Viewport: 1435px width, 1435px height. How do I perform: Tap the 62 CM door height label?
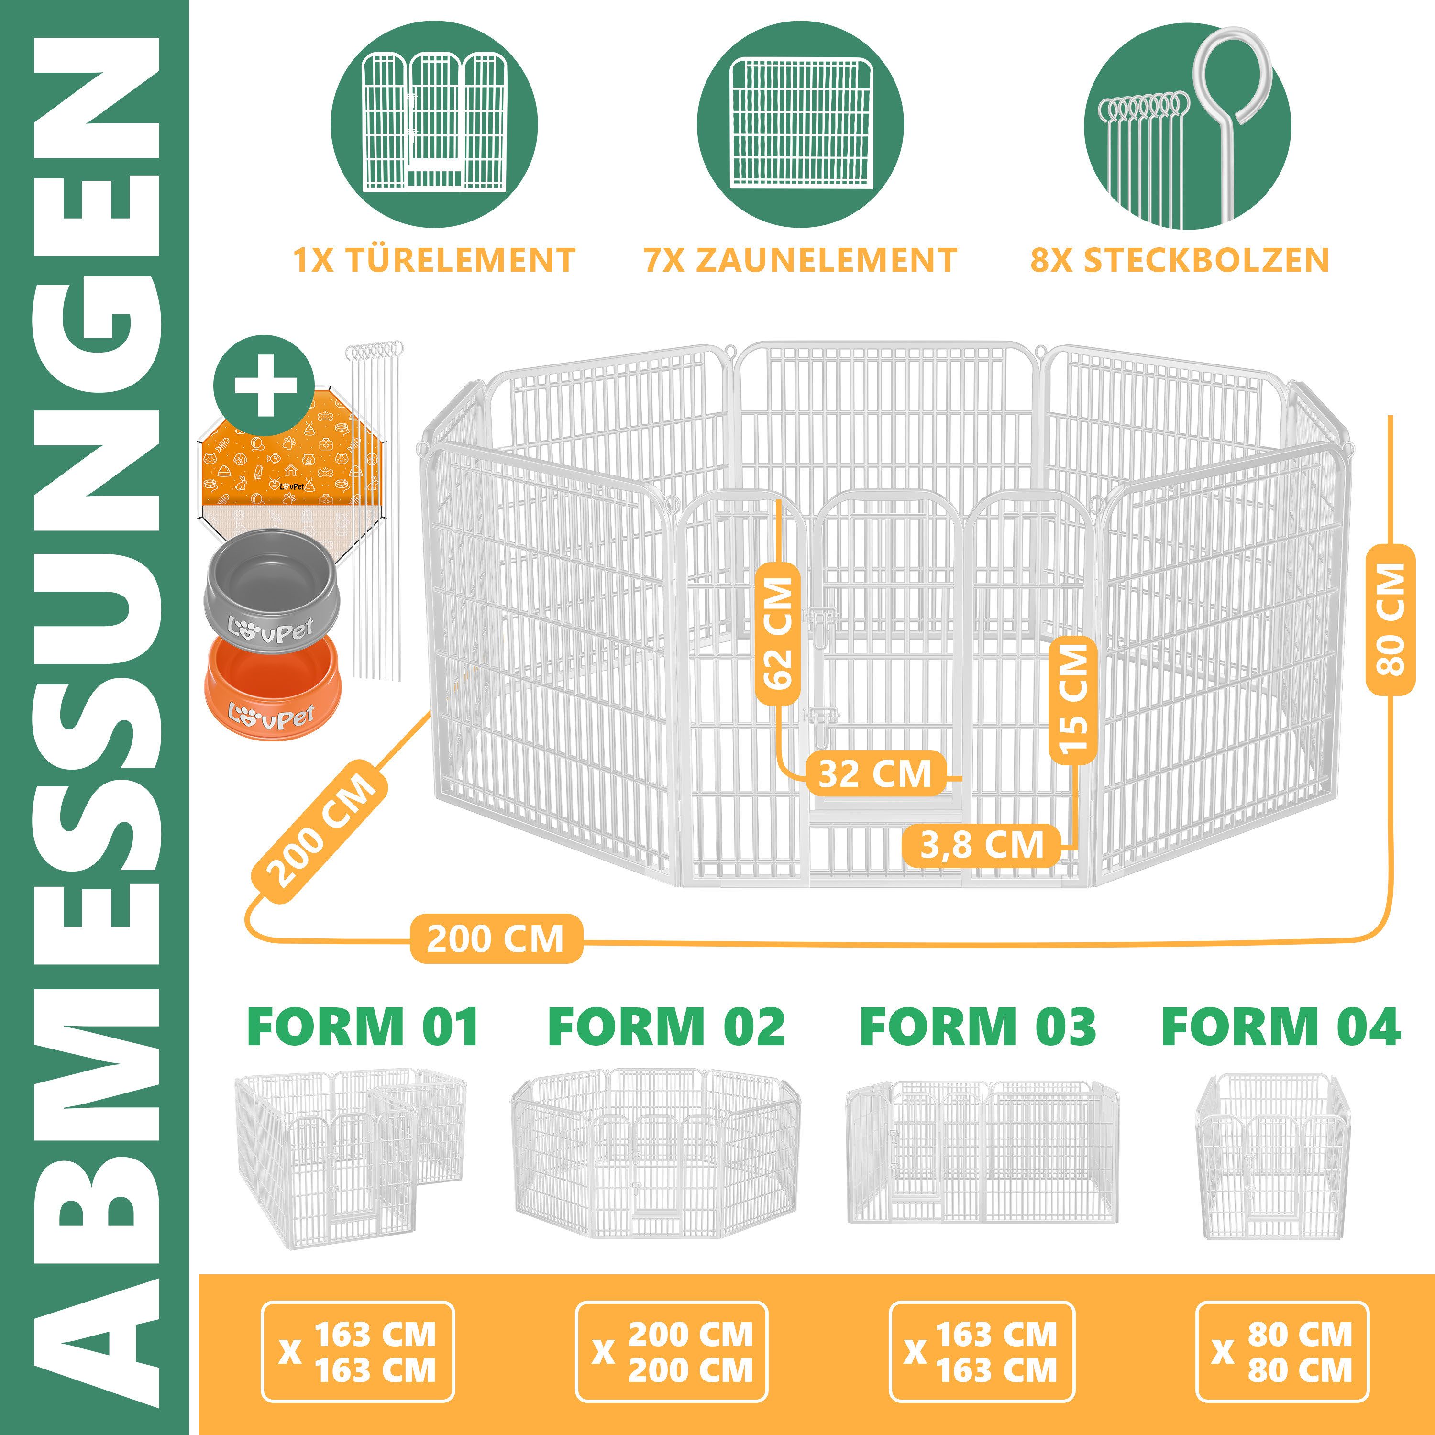(x=778, y=633)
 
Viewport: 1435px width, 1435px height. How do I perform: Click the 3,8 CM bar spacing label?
(x=981, y=845)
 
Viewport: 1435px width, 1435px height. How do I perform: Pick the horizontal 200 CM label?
(x=496, y=939)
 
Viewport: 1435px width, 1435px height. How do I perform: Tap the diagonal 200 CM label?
(x=321, y=831)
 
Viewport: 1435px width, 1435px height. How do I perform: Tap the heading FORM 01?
(x=363, y=1027)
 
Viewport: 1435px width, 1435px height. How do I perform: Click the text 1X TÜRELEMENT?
(x=434, y=260)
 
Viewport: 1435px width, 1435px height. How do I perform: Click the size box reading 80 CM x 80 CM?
(x=1282, y=1352)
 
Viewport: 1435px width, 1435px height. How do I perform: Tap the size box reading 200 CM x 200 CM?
(x=672, y=1352)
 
